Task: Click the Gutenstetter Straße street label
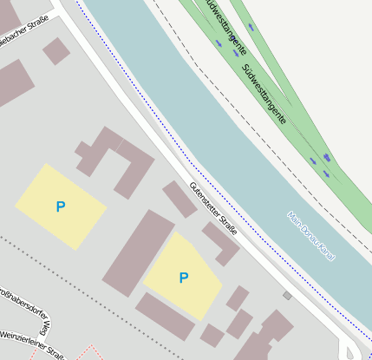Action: (x=213, y=209)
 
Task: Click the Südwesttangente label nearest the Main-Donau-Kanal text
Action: (x=264, y=93)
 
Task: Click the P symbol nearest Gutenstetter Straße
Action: (x=183, y=278)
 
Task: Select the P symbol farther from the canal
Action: (x=60, y=206)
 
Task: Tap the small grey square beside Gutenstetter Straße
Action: (x=287, y=296)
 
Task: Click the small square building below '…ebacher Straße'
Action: (x=56, y=50)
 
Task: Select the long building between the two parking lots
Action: (x=138, y=252)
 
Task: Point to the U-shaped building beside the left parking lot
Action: (x=117, y=160)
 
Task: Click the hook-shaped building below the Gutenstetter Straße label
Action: (x=221, y=242)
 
